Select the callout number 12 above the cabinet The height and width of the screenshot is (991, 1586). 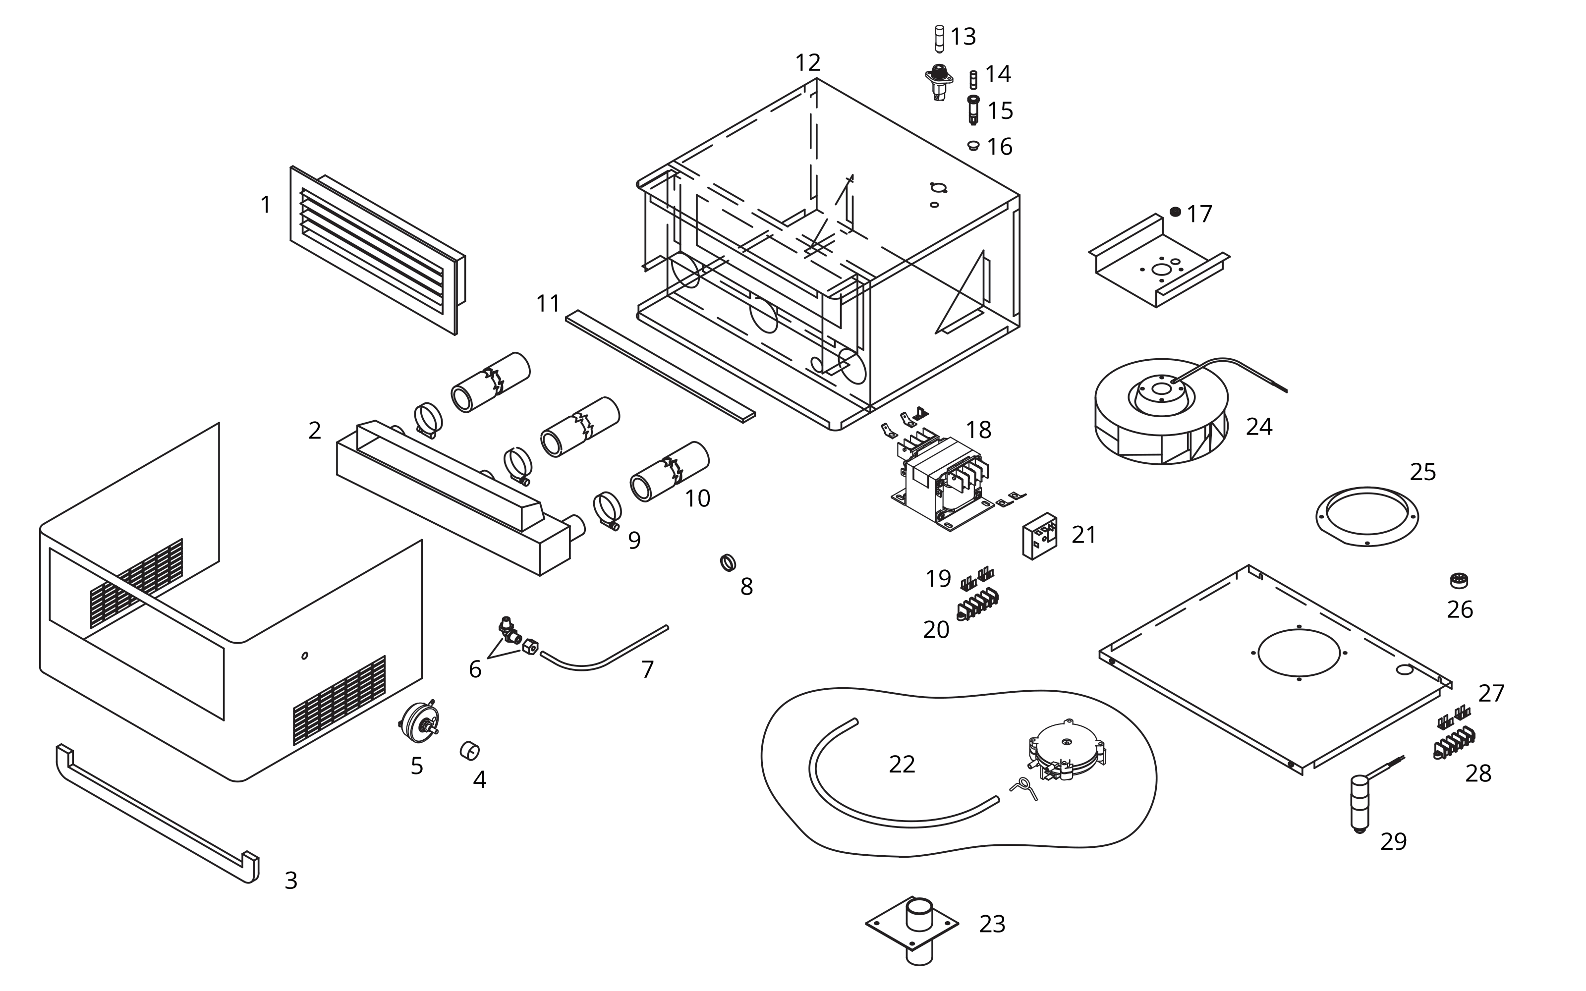coord(807,63)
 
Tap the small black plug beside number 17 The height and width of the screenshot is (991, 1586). coord(1175,212)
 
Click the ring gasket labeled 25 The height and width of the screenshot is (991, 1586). coord(1367,516)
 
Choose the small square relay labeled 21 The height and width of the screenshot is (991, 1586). coord(1040,536)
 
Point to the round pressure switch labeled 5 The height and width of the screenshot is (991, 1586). coord(419,723)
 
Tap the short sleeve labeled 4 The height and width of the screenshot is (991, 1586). coord(469,751)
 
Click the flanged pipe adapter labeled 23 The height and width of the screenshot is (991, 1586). coord(912,926)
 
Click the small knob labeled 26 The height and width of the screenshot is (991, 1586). coord(1459,580)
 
